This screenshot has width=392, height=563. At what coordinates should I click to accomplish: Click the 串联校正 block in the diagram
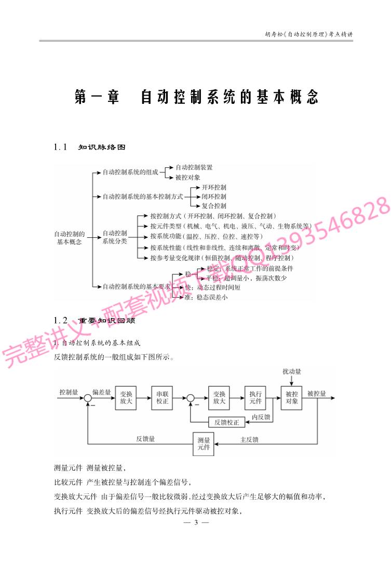[163, 398]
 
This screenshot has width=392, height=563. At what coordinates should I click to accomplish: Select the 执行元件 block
[255, 398]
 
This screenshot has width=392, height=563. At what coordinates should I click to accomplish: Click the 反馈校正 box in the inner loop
[226, 422]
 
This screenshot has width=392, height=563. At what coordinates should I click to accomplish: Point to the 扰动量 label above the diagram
[292, 372]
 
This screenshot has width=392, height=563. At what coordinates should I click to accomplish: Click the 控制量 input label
[69, 392]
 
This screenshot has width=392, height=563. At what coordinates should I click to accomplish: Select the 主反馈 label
[249, 439]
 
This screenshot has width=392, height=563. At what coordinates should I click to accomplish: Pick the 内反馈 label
[261, 417]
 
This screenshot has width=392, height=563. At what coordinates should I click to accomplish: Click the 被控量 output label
[317, 393]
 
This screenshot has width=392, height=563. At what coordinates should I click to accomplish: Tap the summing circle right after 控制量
[88, 398]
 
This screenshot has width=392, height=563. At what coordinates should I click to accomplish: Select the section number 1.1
[61, 148]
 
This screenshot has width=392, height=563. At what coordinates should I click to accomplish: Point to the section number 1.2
[61, 320]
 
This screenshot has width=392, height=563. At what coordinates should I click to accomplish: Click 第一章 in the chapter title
[97, 97]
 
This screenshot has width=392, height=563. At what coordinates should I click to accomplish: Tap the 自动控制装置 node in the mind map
[194, 167]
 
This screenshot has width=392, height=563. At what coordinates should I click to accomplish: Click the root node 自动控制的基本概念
[70, 238]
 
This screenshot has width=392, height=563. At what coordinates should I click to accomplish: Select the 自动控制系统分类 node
[115, 237]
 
